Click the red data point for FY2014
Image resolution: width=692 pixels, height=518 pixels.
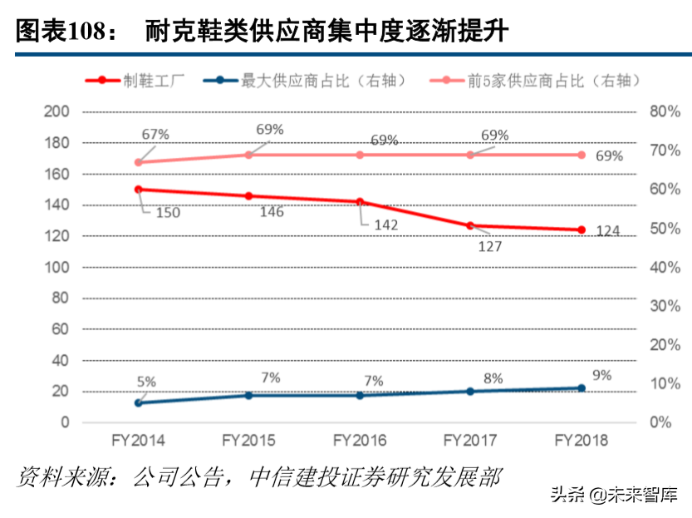point(139,189)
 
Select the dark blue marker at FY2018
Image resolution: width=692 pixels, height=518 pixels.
point(582,387)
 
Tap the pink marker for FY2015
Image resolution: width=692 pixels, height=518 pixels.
point(249,155)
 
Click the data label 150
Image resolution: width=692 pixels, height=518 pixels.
point(167,213)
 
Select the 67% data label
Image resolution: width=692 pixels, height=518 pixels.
point(155,133)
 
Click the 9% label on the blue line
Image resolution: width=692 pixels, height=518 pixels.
point(601,375)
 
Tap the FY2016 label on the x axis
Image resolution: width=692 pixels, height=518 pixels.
point(360,440)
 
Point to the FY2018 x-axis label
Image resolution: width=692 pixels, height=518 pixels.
point(582,440)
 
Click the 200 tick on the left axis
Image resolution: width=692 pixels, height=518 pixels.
point(57,111)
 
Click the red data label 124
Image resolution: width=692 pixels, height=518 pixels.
point(608,230)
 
